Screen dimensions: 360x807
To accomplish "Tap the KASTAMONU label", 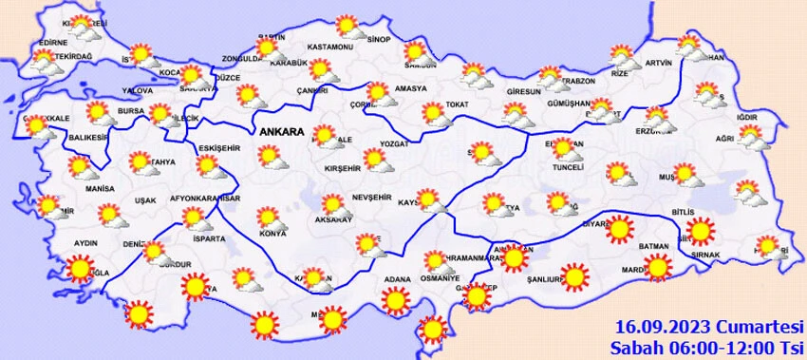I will (330, 47).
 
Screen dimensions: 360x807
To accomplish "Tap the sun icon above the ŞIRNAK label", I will (700, 230).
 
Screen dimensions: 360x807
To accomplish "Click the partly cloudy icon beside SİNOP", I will (349, 26).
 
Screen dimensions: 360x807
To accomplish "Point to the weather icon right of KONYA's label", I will (271, 218).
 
